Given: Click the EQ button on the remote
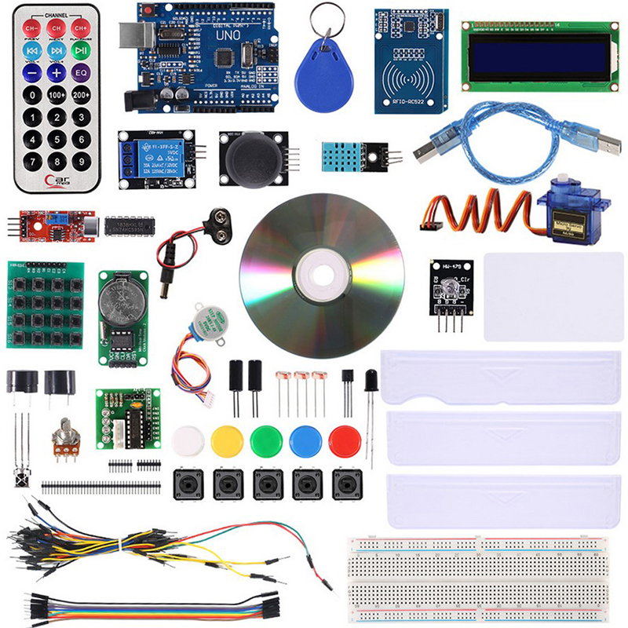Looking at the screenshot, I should pos(80,72).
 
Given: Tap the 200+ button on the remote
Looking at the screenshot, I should pos(80,95).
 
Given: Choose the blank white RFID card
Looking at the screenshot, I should pos(553,296).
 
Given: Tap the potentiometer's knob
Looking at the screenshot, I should pos(65,433).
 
